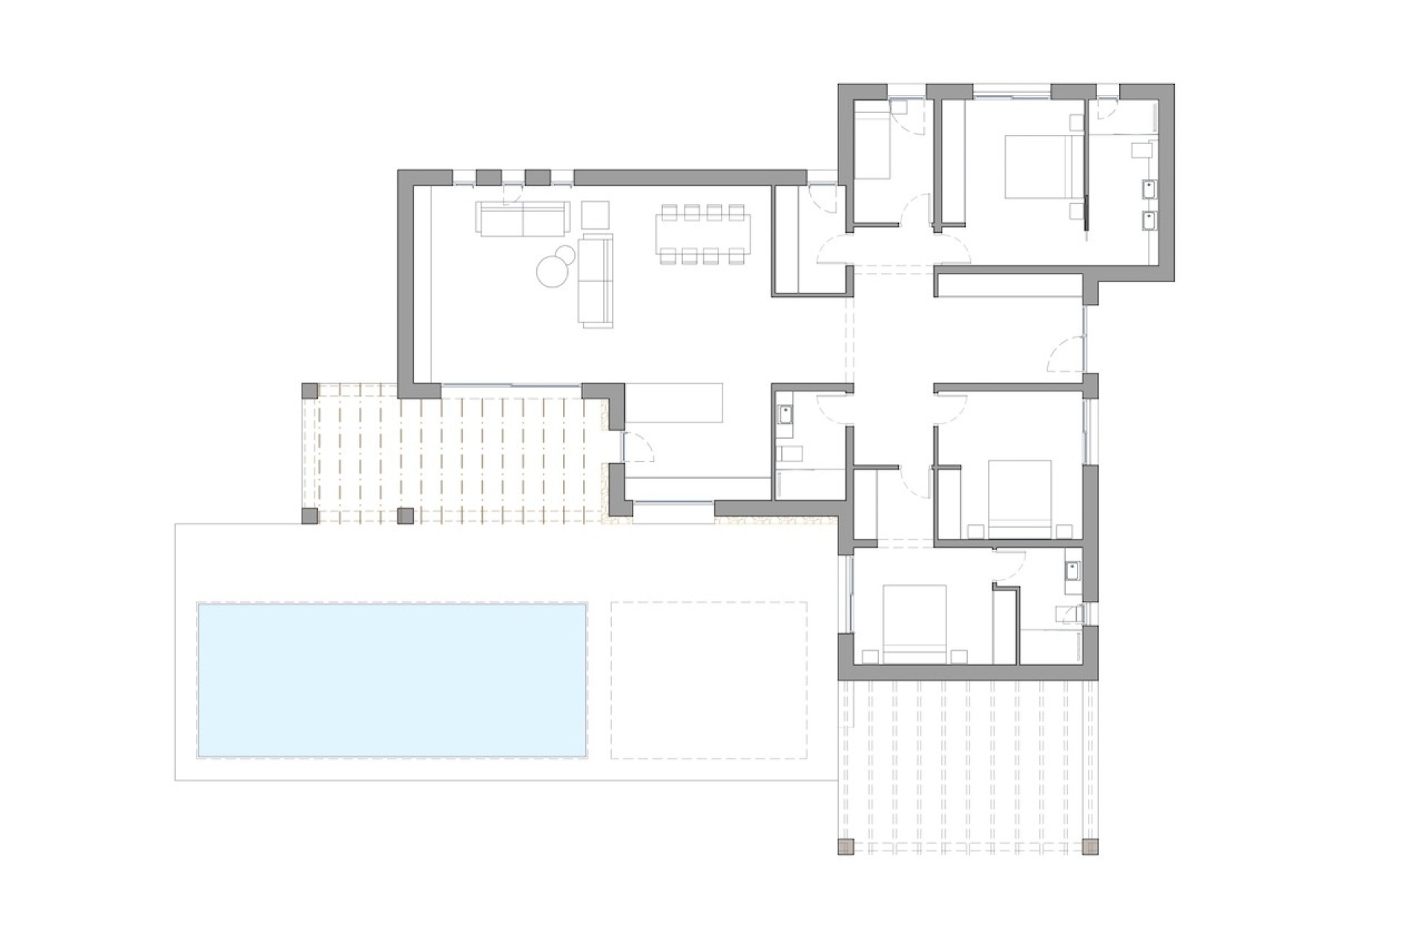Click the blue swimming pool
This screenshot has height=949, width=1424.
point(392,680)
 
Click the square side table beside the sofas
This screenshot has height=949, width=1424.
point(595,215)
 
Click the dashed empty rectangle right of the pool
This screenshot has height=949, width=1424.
point(708,680)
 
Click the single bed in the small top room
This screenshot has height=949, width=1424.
point(872,141)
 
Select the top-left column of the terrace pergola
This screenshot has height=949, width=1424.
point(310,391)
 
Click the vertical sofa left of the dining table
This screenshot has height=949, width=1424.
point(596,280)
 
